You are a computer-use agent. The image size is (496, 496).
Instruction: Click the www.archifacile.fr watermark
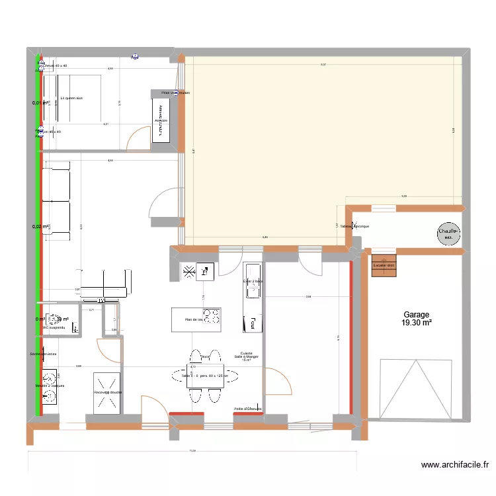(x=456, y=466)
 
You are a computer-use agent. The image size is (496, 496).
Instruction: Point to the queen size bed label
(x=71, y=98)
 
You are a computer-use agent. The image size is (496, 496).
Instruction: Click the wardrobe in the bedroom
(x=161, y=120)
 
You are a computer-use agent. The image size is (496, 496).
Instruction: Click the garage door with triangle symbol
(x=415, y=388)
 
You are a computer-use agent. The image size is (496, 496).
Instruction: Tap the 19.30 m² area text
(x=416, y=323)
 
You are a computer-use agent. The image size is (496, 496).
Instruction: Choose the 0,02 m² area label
(x=41, y=227)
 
